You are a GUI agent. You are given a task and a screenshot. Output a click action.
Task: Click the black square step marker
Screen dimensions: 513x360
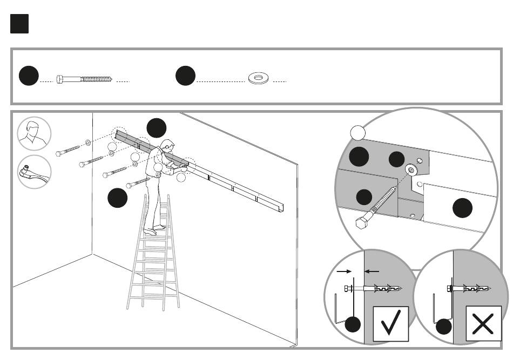19,24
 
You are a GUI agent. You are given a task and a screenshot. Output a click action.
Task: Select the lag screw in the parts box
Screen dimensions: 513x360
84,79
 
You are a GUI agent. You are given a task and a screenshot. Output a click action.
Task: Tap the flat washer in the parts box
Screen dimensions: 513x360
259,79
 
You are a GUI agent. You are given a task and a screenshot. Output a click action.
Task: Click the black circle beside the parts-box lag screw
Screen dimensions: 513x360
28,77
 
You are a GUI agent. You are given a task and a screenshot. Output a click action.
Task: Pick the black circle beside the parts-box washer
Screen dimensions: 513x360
185,77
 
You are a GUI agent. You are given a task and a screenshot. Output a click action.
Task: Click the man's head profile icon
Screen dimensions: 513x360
34,133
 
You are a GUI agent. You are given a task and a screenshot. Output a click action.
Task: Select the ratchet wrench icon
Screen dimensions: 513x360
34,172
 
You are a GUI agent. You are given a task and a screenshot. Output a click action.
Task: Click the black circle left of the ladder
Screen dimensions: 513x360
117,198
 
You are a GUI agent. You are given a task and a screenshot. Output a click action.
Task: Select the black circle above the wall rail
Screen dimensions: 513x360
157,128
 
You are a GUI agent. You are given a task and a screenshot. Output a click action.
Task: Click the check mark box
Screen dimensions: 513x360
390,323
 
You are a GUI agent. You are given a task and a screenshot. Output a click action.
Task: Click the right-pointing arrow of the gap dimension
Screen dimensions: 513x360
343,271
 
